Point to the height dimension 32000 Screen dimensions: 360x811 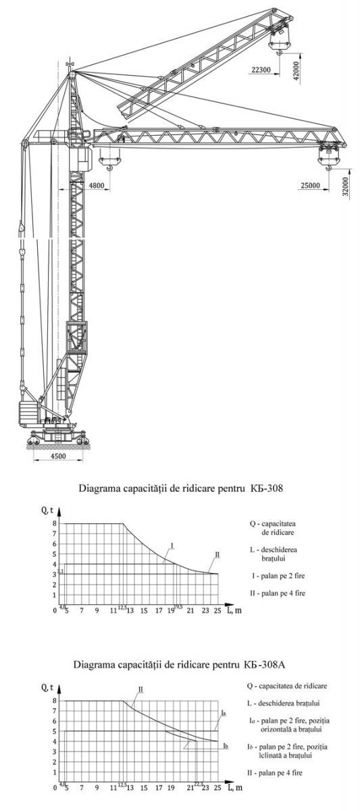pyautogui.click(x=345, y=185)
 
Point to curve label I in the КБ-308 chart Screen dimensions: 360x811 pyautogui.click(x=173, y=545)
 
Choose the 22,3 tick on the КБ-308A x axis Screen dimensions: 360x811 pyautogui.click(x=198, y=784)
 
